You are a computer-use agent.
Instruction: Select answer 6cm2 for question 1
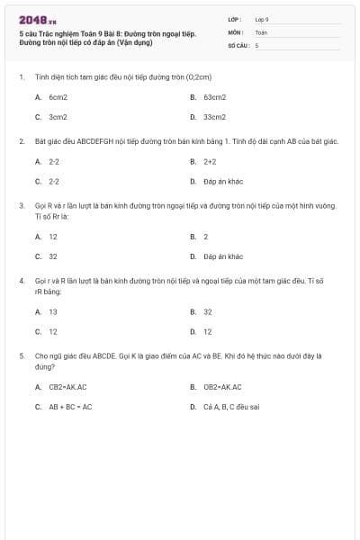click(x=58, y=95)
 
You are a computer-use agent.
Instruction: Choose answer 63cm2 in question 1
click(x=214, y=95)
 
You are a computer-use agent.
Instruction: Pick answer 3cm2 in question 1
click(x=58, y=116)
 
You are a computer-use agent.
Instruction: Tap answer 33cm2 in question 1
click(x=214, y=116)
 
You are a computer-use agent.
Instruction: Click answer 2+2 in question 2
click(x=210, y=162)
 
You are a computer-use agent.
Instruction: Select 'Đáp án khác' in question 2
click(x=223, y=182)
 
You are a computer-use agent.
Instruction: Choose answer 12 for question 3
click(x=53, y=237)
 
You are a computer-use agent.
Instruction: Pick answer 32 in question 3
click(x=53, y=256)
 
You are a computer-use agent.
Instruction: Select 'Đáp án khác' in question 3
click(x=223, y=256)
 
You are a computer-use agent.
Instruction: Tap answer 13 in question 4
click(x=53, y=311)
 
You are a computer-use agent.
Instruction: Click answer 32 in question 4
click(x=208, y=311)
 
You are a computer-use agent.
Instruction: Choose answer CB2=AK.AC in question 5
click(x=67, y=387)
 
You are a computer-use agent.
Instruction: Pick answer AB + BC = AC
click(x=70, y=407)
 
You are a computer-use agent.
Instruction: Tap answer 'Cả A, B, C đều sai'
click(x=231, y=407)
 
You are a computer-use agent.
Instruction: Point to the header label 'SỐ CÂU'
click(x=238, y=44)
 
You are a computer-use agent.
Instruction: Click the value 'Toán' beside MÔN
click(x=261, y=31)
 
